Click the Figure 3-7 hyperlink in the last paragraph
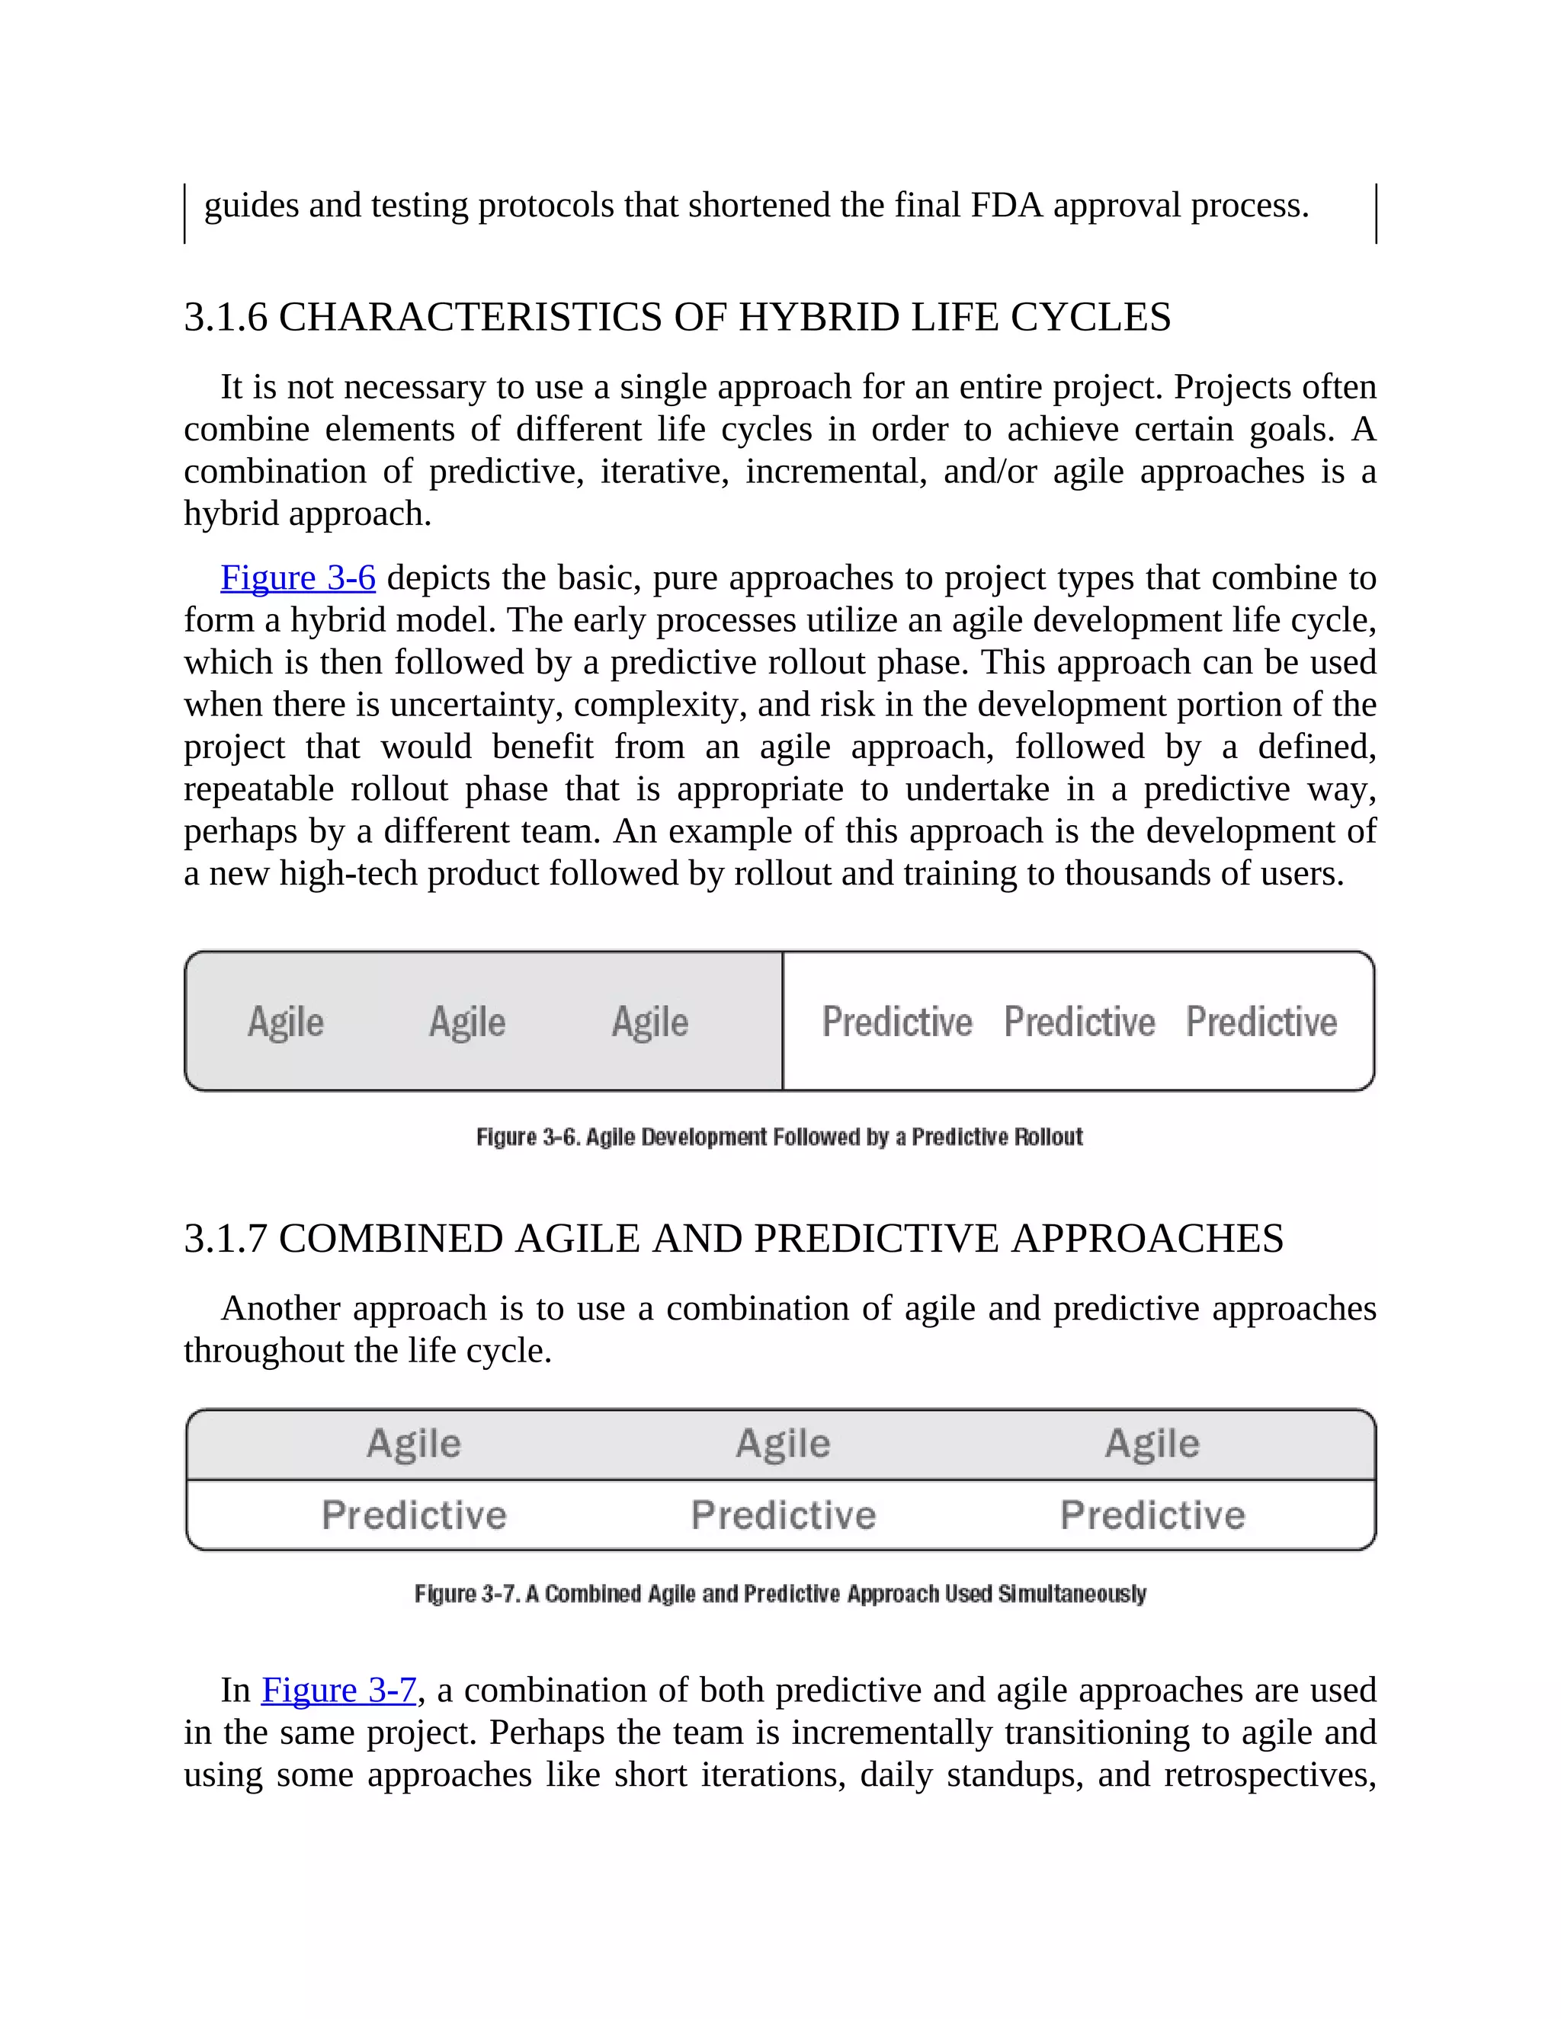pyautogui.click(x=338, y=1690)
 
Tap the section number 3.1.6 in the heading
pyautogui.click(x=226, y=317)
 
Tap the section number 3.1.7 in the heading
pyautogui.click(x=226, y=1239)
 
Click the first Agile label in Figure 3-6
pyautogui.click(x=286, y=1022)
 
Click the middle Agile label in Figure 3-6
pyautogui.click(x=467, y=1022)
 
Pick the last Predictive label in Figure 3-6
pyautogui.click(x=1261, y=1022)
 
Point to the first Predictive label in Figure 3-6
pyautogui.click(x=897, y=1022)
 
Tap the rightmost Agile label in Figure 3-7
pyautogui.click(x=1152, y=1443)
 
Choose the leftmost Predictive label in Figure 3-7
pyautogui.click(x=415, y=1515)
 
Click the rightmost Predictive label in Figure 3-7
pyautogui.click(x=1152, y=1515)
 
